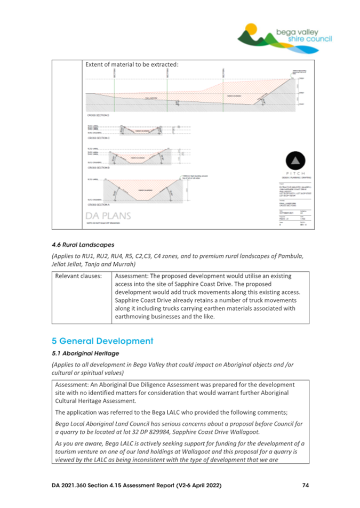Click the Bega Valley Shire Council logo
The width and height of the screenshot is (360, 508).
tap(285, 35)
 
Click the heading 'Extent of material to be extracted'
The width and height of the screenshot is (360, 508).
tap(132, 64)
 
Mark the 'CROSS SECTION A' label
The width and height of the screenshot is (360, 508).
tap(98, 204)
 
